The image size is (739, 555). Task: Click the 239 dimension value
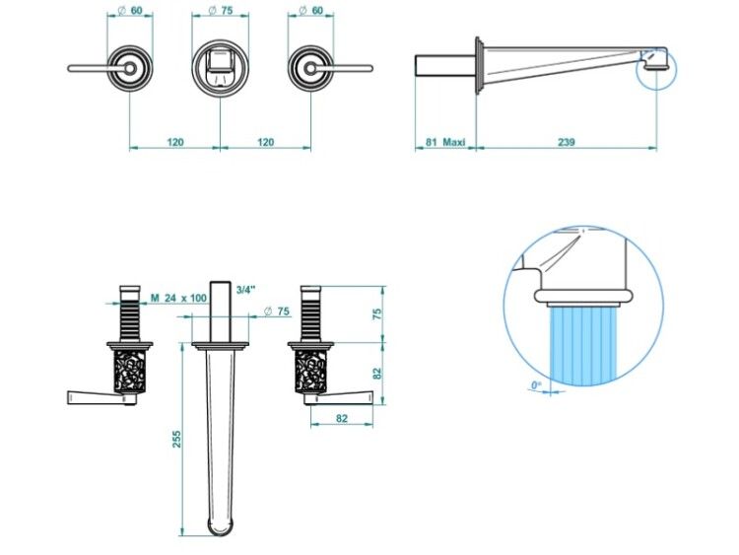(566, 142)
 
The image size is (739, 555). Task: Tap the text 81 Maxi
(445, 142)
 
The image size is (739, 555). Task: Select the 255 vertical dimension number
(176, 439)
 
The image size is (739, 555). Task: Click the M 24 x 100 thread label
(178, 298)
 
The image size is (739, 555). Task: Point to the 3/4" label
(245, 290)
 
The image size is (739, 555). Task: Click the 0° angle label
(536, 385)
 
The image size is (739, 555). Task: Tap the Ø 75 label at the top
(221, 11)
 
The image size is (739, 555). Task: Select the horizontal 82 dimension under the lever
(342, 418)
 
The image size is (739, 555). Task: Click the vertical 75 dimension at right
(377, 314)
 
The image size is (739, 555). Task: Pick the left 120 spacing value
(174, 142)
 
